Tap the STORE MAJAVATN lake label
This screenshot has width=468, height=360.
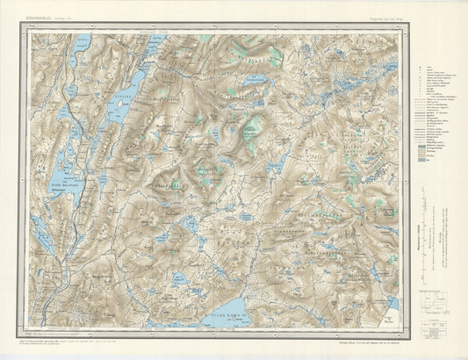tap(63, 184)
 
